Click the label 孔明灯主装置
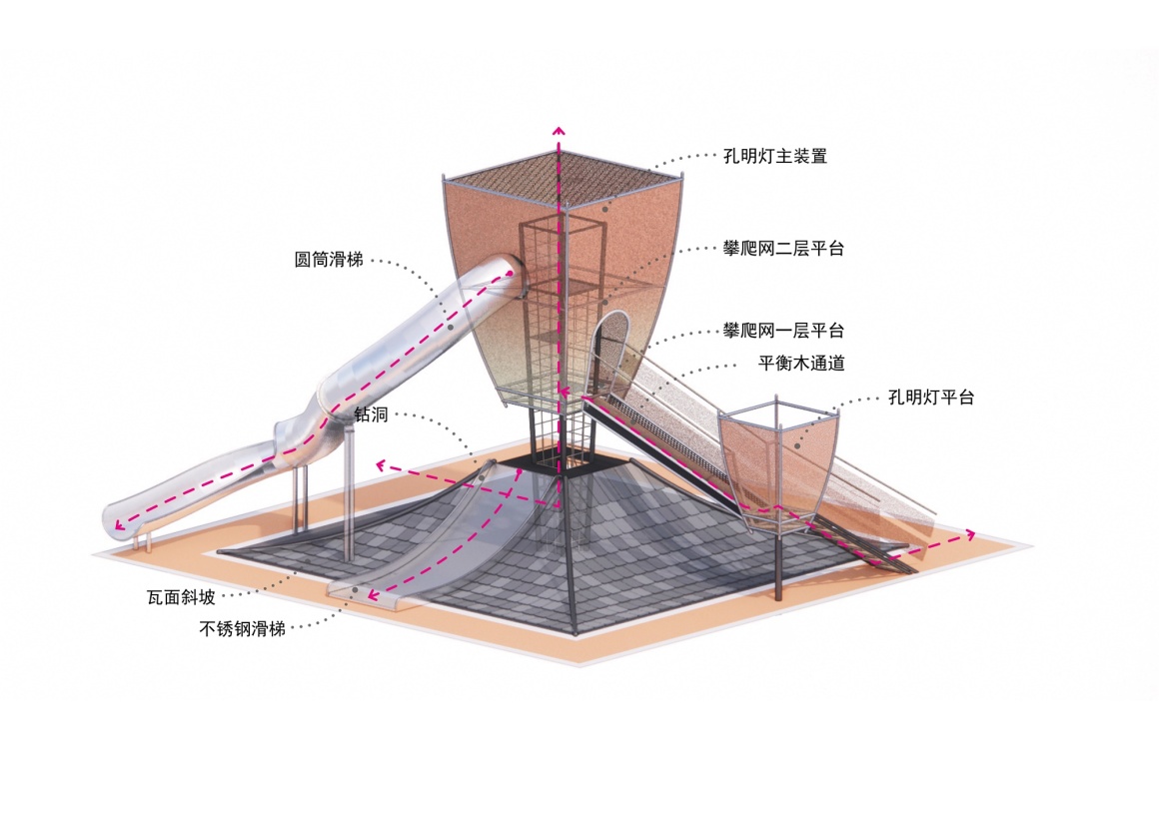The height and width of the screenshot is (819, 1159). coord(775,157)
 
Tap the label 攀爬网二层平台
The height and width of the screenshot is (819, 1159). coord(783,249)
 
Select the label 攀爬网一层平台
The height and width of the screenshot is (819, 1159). coord(783,331)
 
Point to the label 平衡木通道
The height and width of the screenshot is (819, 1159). coord(801,364)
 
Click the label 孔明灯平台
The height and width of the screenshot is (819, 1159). coord(930,398)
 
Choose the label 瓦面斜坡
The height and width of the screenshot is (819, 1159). coord(181,599)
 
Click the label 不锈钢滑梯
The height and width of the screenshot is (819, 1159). coord(243,629)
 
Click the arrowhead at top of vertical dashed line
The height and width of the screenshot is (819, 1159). coord(559,130)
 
